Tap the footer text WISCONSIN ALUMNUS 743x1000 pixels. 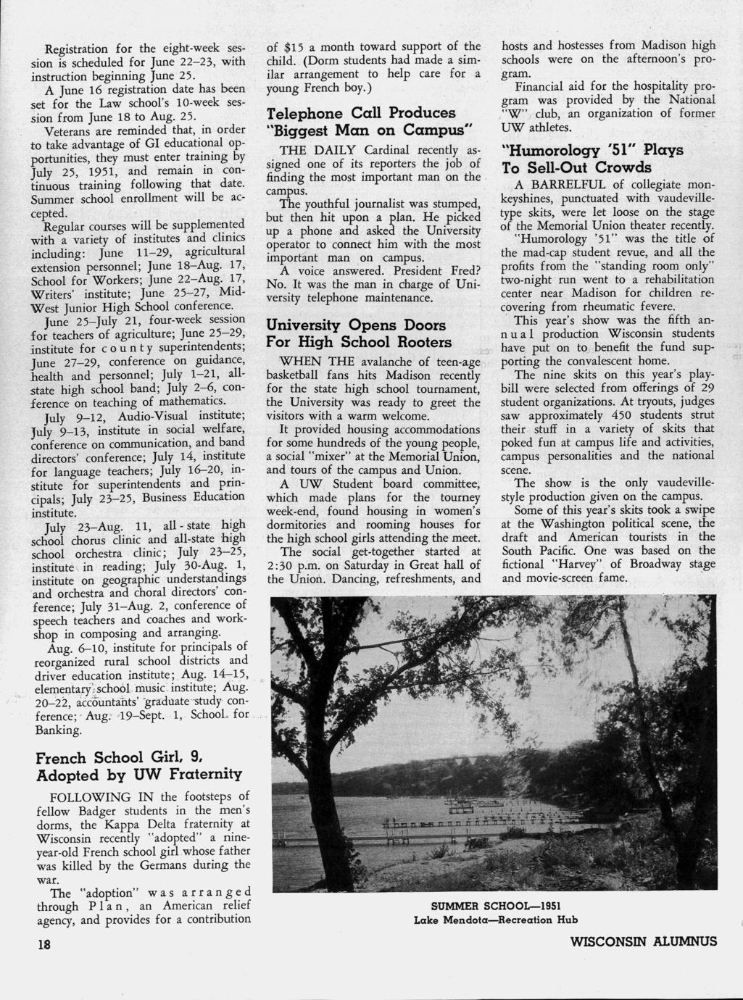pos(644,941)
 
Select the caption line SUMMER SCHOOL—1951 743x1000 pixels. pos(496,907)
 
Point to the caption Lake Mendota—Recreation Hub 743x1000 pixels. pos(496,920)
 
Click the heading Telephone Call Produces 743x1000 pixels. pos(361,113)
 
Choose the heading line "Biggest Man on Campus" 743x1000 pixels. pos(370,130)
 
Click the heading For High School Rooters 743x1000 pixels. pos(359,341)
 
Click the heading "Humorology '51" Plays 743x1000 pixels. pos(593,151)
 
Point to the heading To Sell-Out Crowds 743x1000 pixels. pos(577,168)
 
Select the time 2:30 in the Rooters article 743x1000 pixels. pos(281,565)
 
